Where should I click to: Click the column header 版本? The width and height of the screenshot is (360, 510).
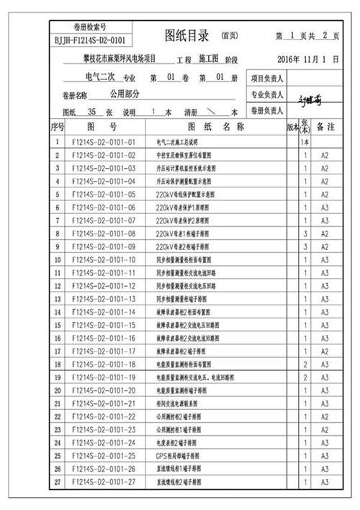click(x=292, y=126)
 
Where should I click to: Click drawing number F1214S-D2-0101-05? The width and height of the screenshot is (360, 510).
click(x=104, y=194)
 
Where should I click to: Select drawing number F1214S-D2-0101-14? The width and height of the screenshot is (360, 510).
click(x=104, y=312)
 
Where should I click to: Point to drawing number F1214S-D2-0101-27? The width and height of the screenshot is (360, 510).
click(x=104, y=482)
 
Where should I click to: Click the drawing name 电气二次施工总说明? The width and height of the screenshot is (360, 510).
click(x=176, y=142)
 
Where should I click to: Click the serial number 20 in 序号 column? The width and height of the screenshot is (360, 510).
click(x=58, y=390)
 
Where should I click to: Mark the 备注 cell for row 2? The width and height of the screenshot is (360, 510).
click(x=325, y=155)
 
